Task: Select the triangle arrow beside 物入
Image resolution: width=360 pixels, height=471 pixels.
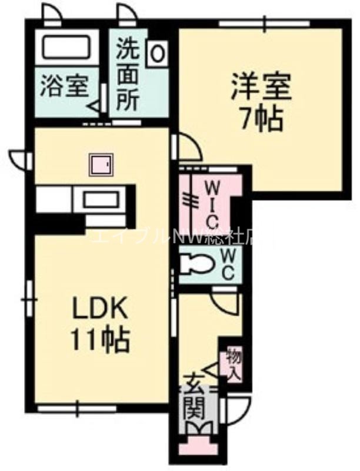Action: (214, 369)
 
